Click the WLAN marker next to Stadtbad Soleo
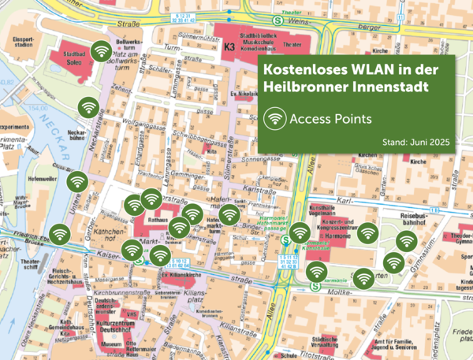click(100, 52)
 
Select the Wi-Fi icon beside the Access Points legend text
click(275, 118)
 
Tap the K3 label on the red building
click(229, 48)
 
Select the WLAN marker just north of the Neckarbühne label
click(87, 107)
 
